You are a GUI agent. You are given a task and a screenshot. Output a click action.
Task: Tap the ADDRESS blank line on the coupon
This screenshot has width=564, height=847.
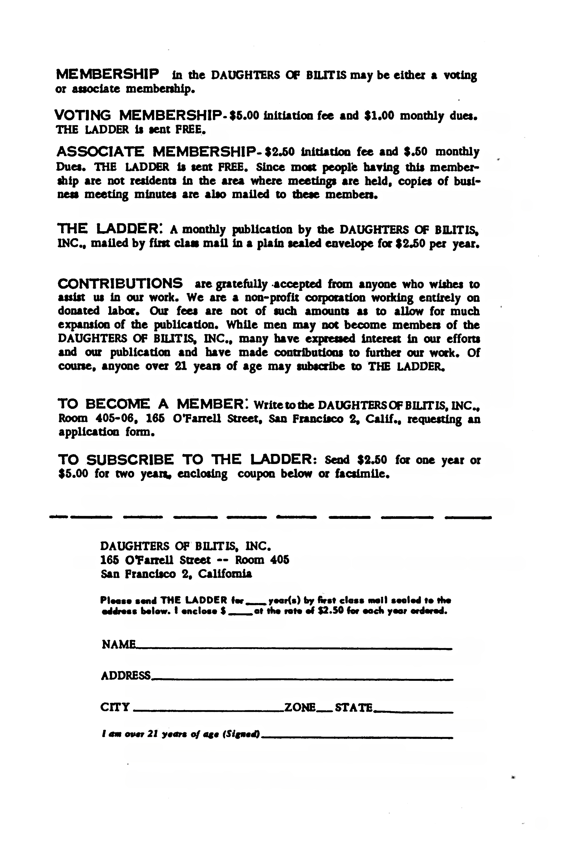[301, 679]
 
